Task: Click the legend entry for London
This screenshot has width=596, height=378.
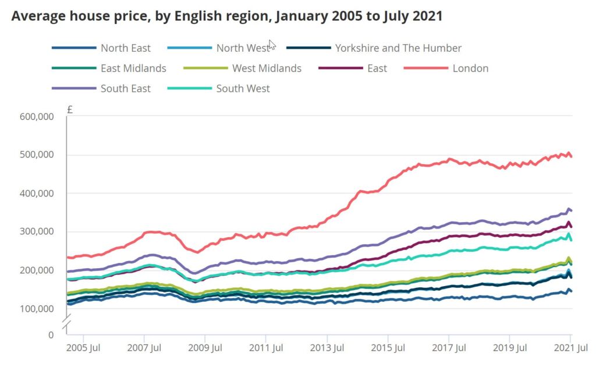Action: (470, 68)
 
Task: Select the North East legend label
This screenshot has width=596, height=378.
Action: (125, 48)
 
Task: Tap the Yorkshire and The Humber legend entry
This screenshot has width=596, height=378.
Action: (398, 48)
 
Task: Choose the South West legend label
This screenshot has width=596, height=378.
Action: (243, 88)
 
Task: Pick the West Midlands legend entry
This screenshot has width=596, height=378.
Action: (267, 68)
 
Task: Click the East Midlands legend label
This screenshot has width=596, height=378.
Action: (133, 68)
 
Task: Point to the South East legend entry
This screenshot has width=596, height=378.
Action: (125, 88)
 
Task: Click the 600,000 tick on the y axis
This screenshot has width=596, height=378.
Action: (37, 116)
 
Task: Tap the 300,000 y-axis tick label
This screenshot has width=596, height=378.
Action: (37, 231)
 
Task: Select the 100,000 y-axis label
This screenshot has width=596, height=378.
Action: (37, 308)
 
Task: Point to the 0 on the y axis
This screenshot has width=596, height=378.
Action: (51, 334)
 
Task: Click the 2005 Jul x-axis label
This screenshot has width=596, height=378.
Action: (83, 348)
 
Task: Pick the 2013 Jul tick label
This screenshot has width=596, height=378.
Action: (327, 348)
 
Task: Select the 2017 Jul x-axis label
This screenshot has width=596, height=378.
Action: (449, 348)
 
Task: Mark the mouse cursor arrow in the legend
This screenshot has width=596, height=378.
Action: (272, 45)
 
